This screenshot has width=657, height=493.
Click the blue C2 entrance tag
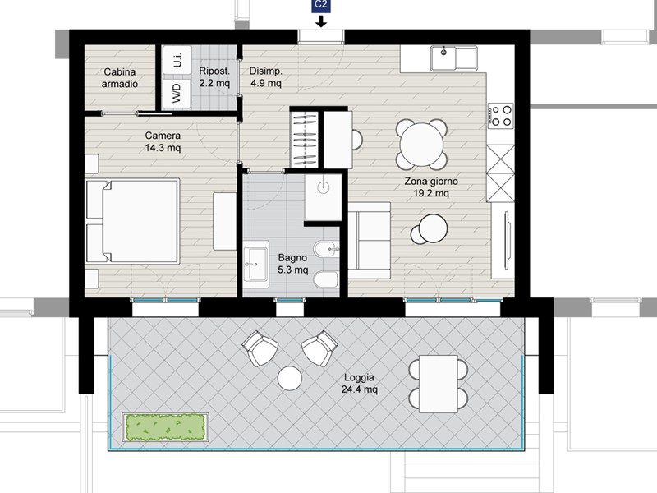click(321, 6)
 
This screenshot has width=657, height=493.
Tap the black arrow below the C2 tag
click(321, 21)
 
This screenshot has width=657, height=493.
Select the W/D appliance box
click(177, 93)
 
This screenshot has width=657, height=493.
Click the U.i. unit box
click(177, 60)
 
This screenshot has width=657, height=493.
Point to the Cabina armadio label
click(120, 78)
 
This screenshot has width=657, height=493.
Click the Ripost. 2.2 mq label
click(214, 76)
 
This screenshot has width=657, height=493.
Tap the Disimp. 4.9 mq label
click(265, 76)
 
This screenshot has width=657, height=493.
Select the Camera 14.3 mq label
click(163, 141)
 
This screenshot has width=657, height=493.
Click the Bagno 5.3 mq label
click(292, 263)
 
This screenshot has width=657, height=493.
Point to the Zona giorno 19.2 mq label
click(431, 187)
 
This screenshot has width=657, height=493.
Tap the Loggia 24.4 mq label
click(360, 383)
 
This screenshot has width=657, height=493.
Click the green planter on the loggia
click(166, 427)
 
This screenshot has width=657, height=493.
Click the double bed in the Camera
click(132, 221)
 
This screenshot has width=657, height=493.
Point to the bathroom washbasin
click(256, 264)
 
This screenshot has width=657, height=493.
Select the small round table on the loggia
click(290, 378)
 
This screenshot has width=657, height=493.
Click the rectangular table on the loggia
click(439, 384)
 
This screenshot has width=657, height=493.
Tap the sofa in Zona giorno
click(369, 241)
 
